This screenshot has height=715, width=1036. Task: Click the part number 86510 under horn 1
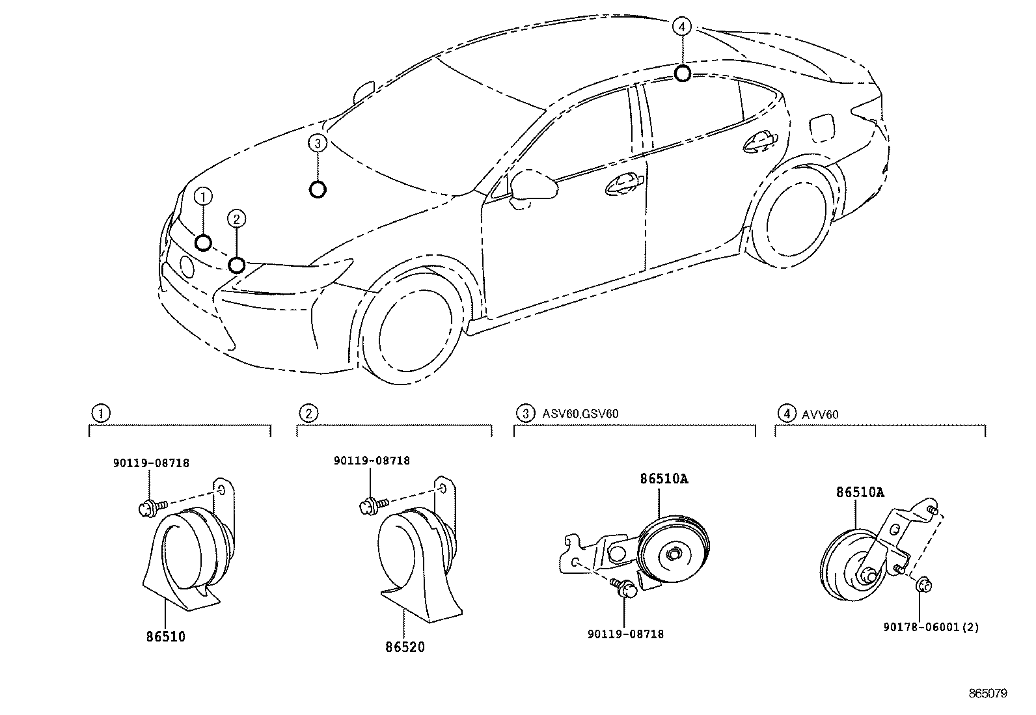click(165, 636)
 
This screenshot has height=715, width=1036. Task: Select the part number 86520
click(404, 647)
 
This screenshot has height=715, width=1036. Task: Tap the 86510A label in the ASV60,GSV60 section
click(664, 479)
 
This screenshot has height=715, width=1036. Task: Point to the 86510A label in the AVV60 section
click(860, 492)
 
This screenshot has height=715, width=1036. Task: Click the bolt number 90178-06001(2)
click(931, 627)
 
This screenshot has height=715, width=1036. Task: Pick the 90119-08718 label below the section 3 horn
click(625, 634)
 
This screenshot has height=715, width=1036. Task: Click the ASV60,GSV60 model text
click(580, 413)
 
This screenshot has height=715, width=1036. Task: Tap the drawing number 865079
click(988, 694)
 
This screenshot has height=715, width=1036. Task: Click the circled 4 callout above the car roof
click(681, 27)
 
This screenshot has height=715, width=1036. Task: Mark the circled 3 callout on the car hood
click(317, 143)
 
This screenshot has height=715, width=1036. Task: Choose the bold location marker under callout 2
click(237, 265)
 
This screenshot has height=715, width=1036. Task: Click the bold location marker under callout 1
click(203, 243)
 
